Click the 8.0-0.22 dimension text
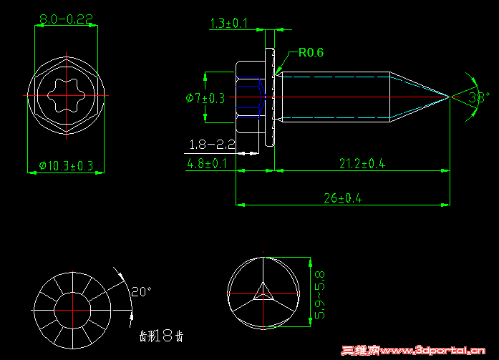coord(66,19)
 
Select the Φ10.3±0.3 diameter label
coord(66,166)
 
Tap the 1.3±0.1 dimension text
coord(228,24)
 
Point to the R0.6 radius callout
coord(311,52)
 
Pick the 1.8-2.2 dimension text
coord(211,145)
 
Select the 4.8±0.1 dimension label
coord(208,164)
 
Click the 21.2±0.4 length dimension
coord(362,164)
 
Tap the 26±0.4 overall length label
coord(342,198)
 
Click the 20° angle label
coord(141,292)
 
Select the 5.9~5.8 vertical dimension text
coord(320,295)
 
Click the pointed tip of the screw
coord(450,96)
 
